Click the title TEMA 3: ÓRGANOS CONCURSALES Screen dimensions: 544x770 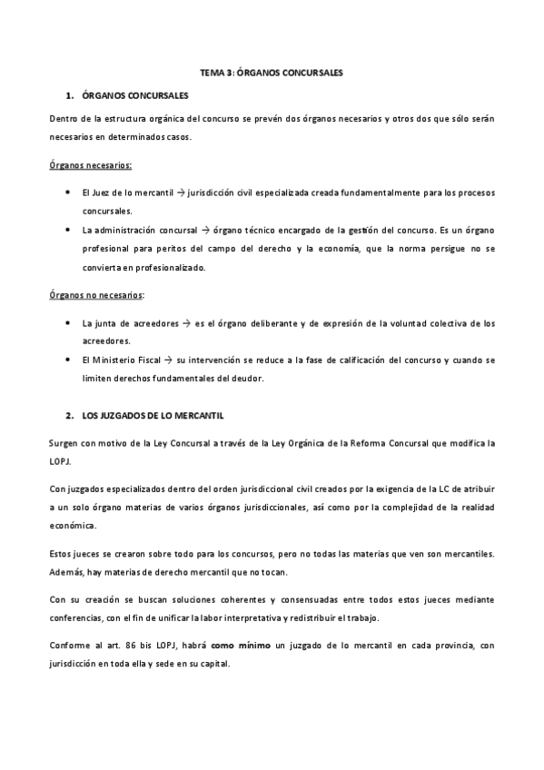[272, 71]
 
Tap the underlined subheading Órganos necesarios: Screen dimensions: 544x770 [90, 166]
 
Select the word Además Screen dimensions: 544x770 [66, 572]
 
